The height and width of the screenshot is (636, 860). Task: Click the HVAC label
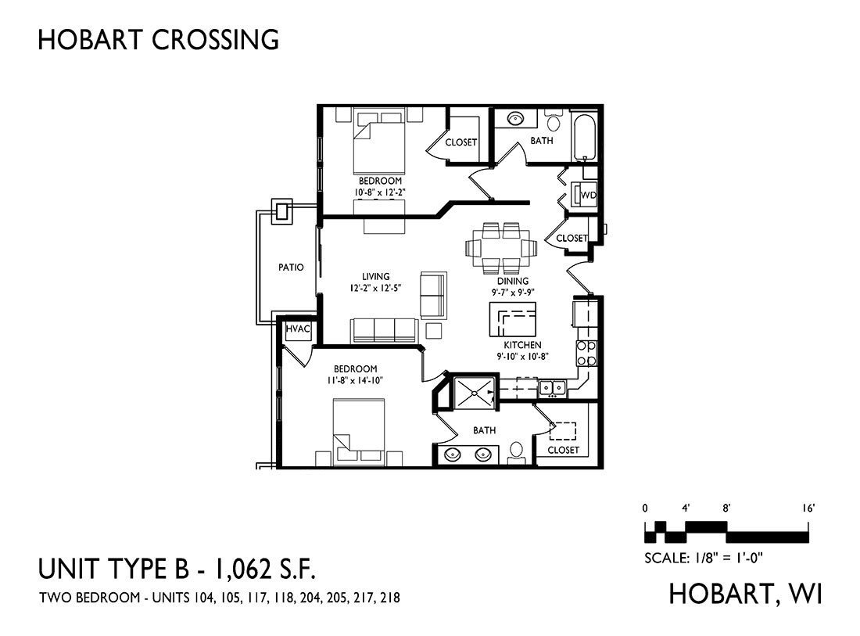298,329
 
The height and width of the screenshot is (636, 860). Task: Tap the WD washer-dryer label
588,195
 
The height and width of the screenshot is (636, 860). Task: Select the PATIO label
291,268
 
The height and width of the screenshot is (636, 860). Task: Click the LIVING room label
376,277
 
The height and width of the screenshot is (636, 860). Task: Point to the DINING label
513,281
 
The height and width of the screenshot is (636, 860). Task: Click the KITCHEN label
522,345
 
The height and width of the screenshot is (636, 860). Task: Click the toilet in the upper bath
554,120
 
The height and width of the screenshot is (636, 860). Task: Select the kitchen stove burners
586,354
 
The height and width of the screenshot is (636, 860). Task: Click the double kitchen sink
552,388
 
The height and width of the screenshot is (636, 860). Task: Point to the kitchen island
512,319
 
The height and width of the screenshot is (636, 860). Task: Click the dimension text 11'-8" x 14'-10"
355,379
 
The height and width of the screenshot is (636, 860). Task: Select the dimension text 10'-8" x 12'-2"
379,192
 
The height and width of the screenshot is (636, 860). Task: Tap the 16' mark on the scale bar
808,508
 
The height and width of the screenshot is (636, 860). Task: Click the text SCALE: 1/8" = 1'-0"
704,558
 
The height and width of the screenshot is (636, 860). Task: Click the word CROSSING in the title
215,40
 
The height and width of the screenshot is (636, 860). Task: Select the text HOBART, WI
745,594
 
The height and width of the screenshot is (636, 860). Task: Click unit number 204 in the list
308,598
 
